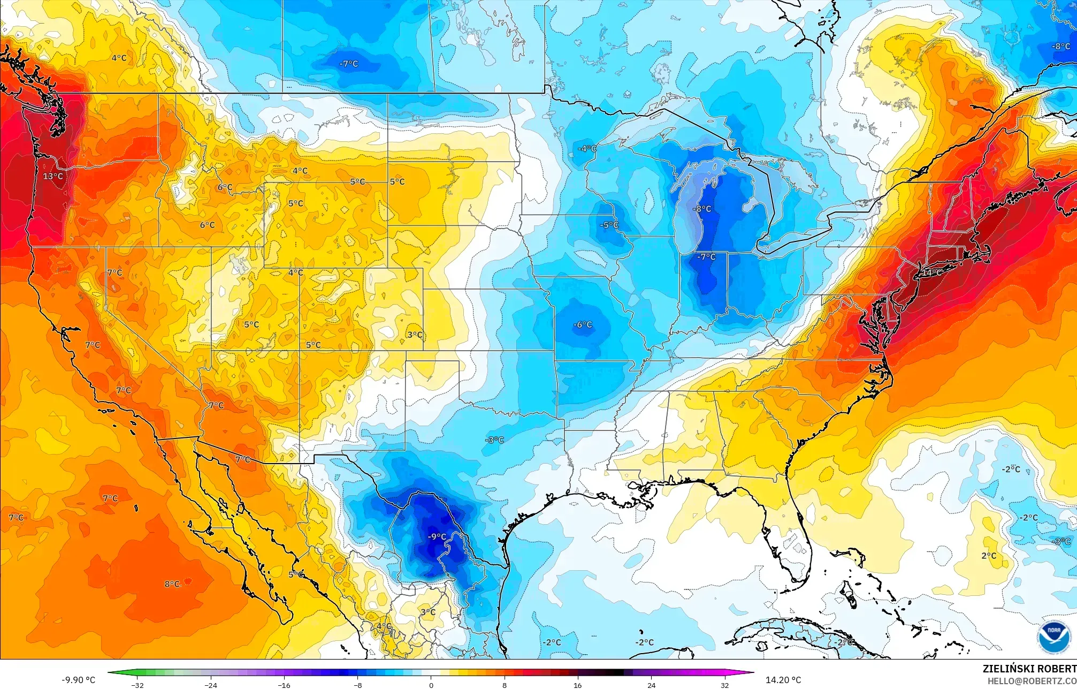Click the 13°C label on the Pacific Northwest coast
pyautogui.click(x=53, y=176)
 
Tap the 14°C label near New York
pyautogui.click(x=931, y=272)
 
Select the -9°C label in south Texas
pyautogui.click(x=437, y=536)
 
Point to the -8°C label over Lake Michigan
pyautogui.click(x=701, y=209)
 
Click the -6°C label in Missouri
pyautogui.click(x=583, y=324)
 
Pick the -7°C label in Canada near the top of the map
pyautogui.click(x=348, y=64)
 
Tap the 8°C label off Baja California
pyautogui.click(x=172, y=584)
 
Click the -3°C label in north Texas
pyautogui.click(x=494, y=440)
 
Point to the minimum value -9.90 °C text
pyautogui.click(x=78, y=680)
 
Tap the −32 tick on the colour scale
pyautogui.click(x=138, y=685)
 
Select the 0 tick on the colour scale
pyautogui.click(x=431, y=685)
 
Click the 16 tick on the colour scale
pyautogui.click(x=578, y=685)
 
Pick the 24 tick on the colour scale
pyautogui.click(x=651, y=685)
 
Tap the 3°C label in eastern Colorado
pyautogui.click(x=415, y=335)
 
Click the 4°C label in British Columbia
pyautogui.click(x=119, y=58)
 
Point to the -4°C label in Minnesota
pyautogui.click(x=587, y=148)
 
